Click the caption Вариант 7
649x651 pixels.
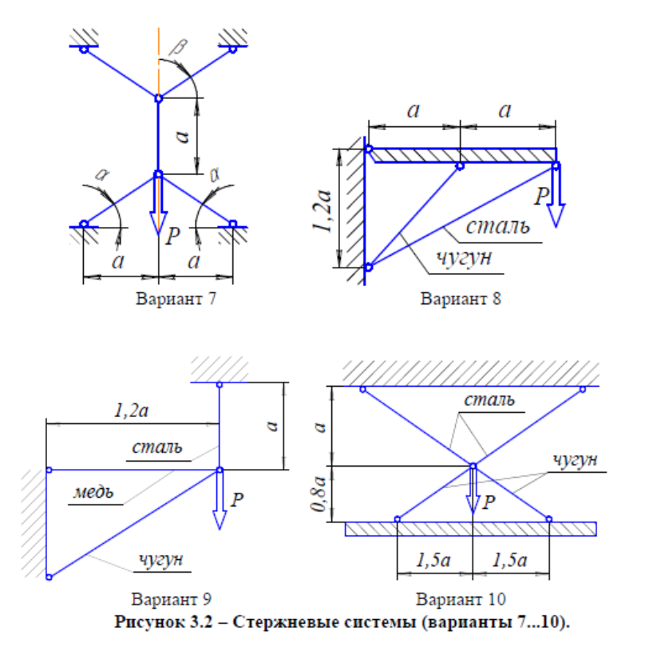[x=175, y=300]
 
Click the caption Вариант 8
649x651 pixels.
[x=460, y=300]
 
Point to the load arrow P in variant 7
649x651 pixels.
[x=158, y=204]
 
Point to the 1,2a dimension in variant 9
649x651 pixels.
[x=132, y=411]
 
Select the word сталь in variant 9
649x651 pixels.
[x=158, y=447]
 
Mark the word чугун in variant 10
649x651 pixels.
[x=574, y=459]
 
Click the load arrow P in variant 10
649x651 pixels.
[x=473, y=489]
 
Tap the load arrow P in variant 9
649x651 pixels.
[x=219, y=502]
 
